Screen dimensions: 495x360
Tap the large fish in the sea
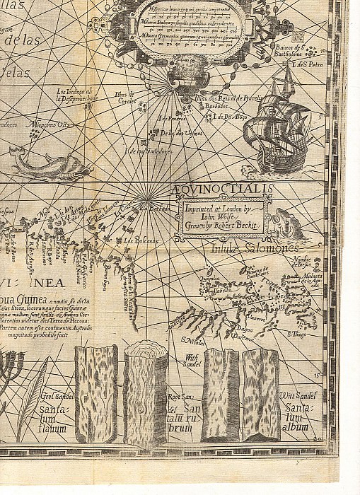tap(51, 165)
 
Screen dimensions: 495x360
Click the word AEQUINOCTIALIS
tap(221, 188)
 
